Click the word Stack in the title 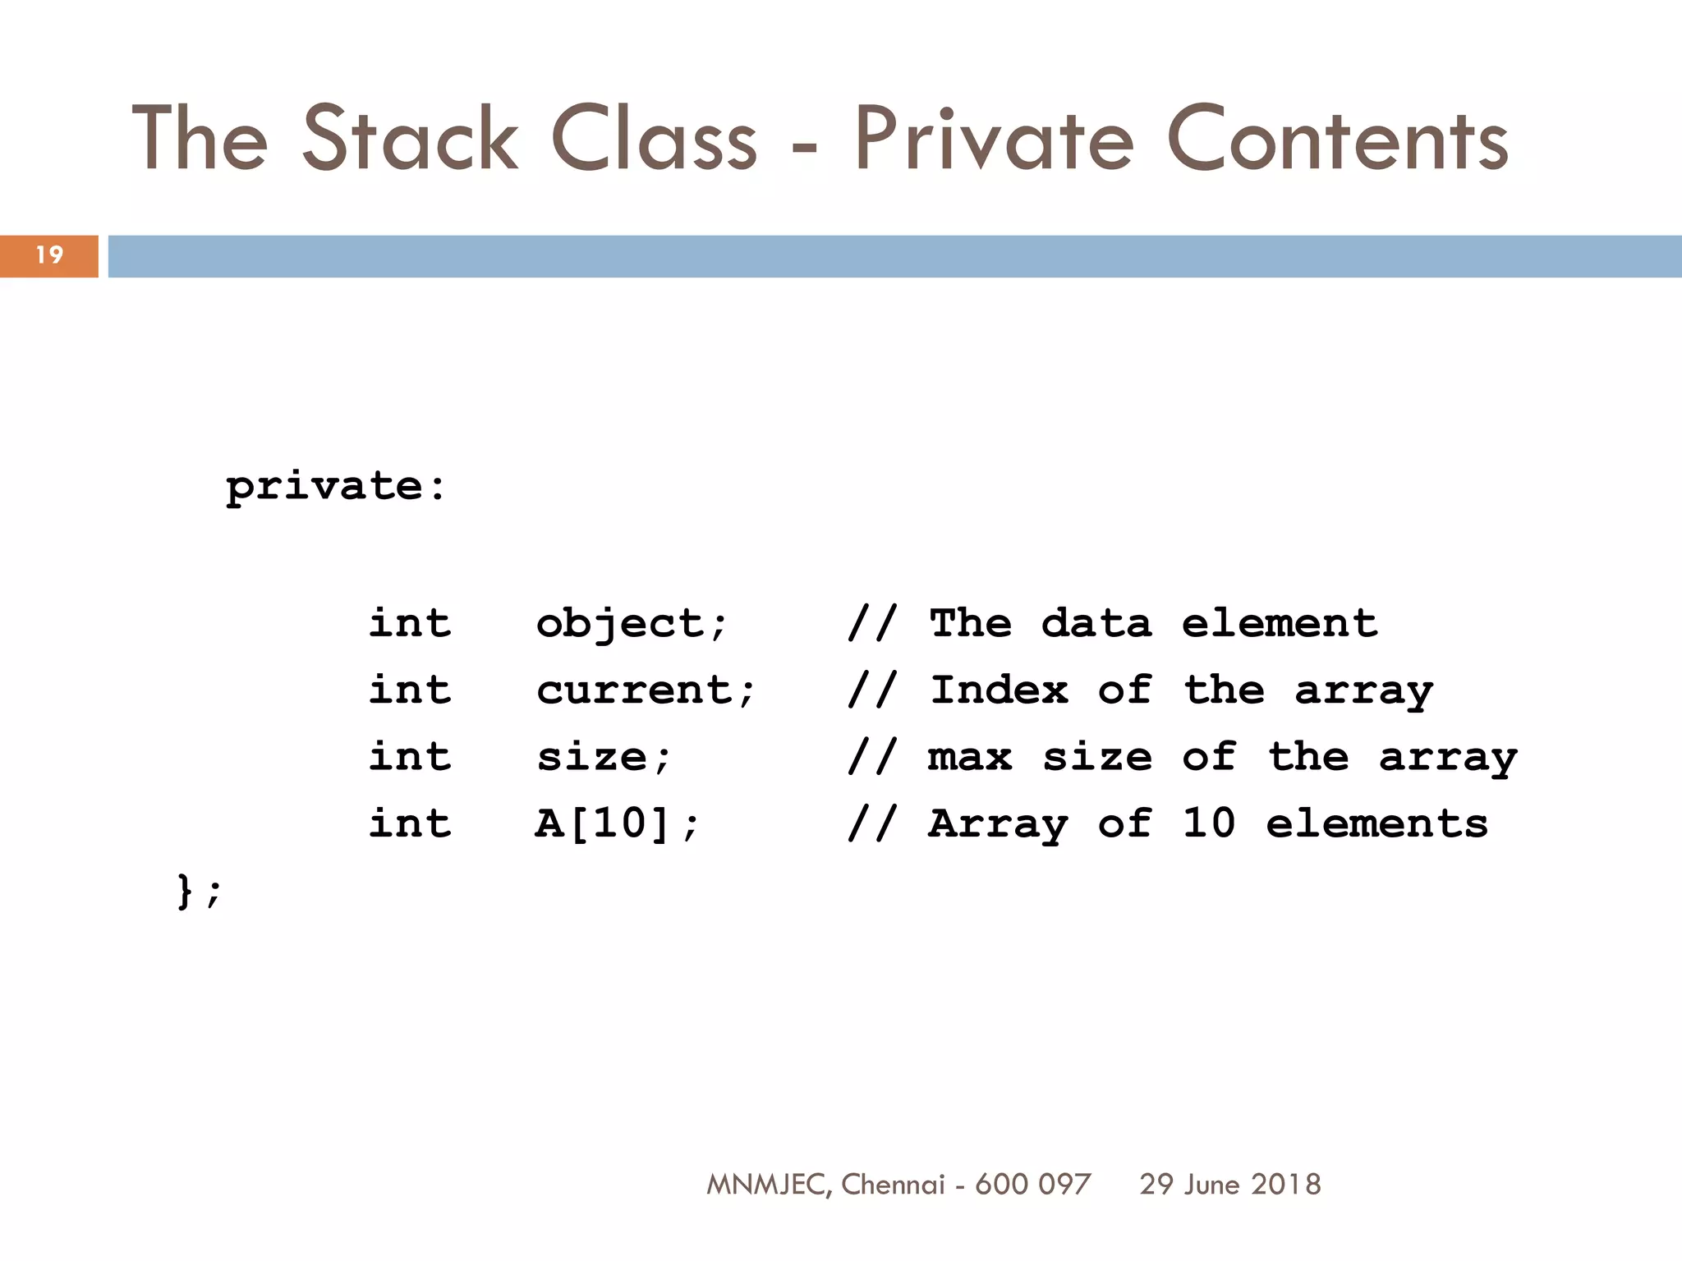(410, 139)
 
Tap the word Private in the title (995, 139)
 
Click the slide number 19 (49, 255)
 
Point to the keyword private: (336, 486)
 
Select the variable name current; (646, 690)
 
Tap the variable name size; (604, 757)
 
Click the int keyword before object (409, 623)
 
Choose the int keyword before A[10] (409, 823)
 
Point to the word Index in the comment (999, 690)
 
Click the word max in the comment (970, 757)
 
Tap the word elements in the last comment (1376, 823)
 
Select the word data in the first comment (1096, 623)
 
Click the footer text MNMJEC (767, 1185)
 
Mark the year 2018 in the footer (1286, 1184)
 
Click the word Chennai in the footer (893, 1184)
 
